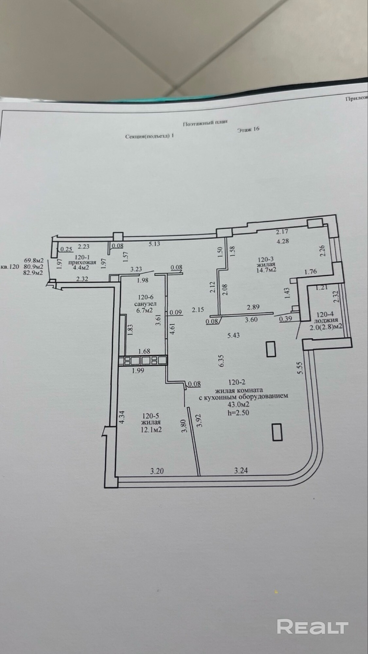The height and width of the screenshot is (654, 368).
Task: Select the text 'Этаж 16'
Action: click(248, 129)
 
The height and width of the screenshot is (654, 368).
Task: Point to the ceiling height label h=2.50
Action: click(238, 413)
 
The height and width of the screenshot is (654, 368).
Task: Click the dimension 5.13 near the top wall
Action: click(154, 244)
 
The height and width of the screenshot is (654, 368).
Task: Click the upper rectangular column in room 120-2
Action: click(271, 349)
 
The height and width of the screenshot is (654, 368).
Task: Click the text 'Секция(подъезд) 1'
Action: click(149, 136)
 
